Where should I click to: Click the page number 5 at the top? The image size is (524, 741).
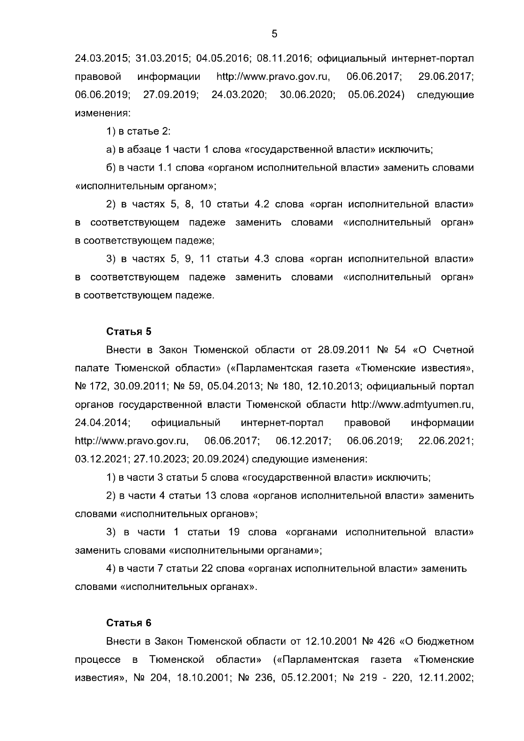tap(274, 34)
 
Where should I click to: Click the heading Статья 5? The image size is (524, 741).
tap(129, 331)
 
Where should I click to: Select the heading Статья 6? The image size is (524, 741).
tap(129, 623)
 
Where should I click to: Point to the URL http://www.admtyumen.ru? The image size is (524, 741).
tap(413, 404)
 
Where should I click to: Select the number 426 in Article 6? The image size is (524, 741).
tap(384, 641)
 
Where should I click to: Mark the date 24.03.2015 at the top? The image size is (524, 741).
tap(103, 59)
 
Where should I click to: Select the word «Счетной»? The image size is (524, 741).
tap(452, 350)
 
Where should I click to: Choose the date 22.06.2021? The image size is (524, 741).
tap(446, 441)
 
